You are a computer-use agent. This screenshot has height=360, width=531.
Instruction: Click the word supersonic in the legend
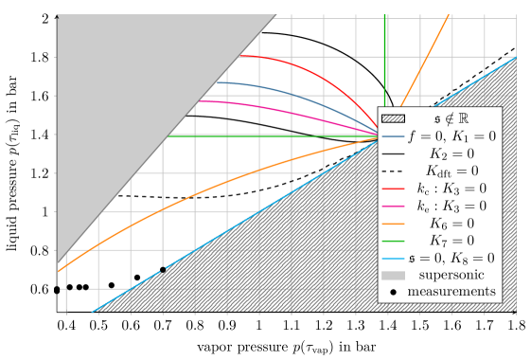pyautogui.click(x=450, y=275)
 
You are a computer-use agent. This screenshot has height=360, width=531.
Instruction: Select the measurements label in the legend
pyautogui.click(x=451, y=292)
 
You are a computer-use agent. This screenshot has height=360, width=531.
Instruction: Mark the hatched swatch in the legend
pyautogui.click(x=393, y=119)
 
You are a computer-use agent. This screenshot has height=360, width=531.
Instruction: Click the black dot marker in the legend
pyautogui.click(x=393, y=292)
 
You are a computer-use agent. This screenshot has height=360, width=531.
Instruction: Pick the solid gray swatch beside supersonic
pyautogui.click(x=393, y=275)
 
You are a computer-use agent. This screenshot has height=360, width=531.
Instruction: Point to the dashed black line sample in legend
pyautogui.click(x=393, y=171)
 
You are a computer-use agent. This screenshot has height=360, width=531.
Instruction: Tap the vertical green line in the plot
pyautogui.click(x=384, y=57)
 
